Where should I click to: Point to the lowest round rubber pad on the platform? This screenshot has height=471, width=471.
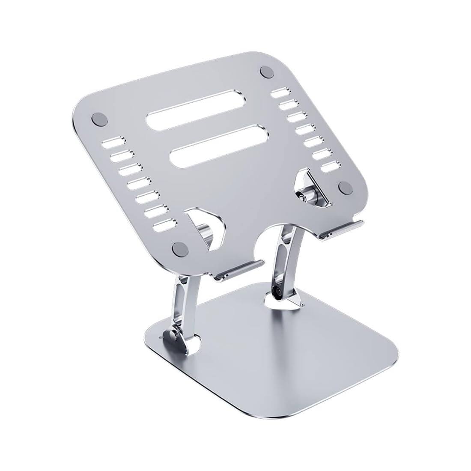click(179, 247)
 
